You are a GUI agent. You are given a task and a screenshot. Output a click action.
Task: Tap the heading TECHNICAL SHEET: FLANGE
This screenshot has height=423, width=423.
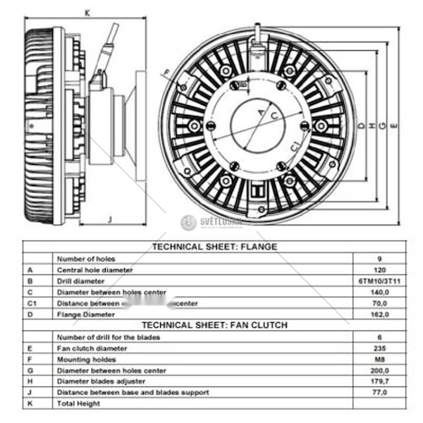click(215, 247)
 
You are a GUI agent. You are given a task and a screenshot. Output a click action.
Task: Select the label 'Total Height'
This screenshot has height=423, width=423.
click(78, 403)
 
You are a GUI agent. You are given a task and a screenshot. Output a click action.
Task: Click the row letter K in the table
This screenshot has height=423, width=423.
click(30, 403)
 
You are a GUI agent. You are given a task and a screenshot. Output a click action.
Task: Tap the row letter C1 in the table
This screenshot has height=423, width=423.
click(31, 303)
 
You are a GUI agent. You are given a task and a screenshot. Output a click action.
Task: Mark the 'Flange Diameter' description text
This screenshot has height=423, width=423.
click(85, 314)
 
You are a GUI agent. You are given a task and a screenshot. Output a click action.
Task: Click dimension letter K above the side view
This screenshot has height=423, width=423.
click(87, 12)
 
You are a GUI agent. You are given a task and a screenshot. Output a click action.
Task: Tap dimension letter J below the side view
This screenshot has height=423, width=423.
click(110, 219)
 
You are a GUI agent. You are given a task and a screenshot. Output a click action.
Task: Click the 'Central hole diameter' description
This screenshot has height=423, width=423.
click(94, 269)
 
